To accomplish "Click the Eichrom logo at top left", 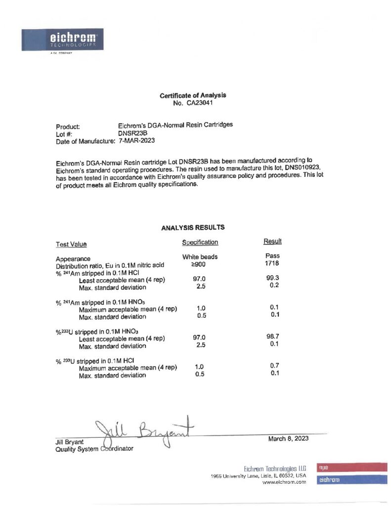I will tap(60, 40).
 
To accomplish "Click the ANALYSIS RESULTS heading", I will tap(193, 228).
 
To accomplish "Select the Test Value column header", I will tap(71, 244).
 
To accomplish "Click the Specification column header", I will tap(200, 243).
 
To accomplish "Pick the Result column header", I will tap(272, 241).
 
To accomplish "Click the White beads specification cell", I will tap(200, 257).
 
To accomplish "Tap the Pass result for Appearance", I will tap(272, 255).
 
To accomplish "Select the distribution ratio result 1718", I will tap(272, 263).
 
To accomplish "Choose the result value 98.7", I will tap(273, 336).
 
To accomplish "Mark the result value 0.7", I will tap(275, 365).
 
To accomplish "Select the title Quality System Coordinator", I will tap(94, 449).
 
